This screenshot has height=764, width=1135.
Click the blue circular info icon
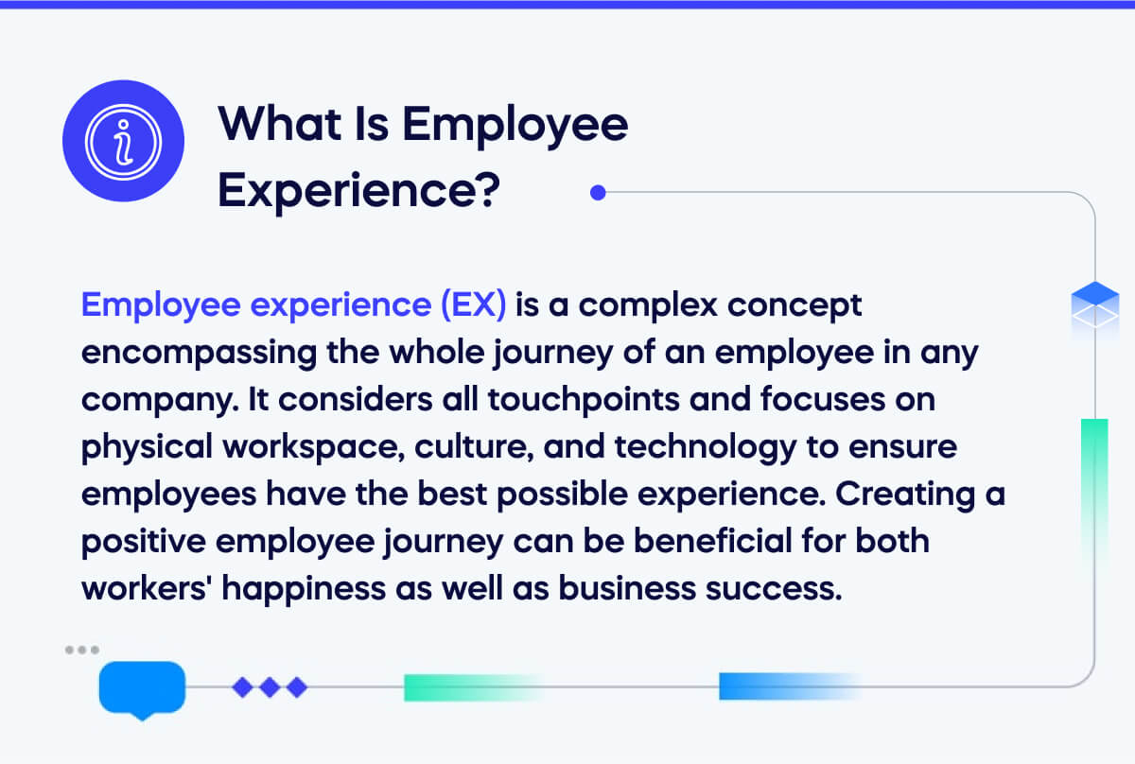pyautogui.click(x=123, y=141)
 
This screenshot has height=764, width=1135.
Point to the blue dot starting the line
pyautogui.click(x=597, y=193)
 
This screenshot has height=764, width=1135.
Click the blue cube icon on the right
pyautogui.click(x=1094, y=301)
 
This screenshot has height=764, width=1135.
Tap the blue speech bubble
pyautogui.click(x=142, y=686)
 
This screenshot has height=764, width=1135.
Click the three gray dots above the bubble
pyautogui.click(x=82, y=650)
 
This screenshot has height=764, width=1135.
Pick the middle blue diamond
pyautogui.click(x=270, y=687)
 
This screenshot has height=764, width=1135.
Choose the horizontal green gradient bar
pyautogui.click(x=468, y=687)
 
